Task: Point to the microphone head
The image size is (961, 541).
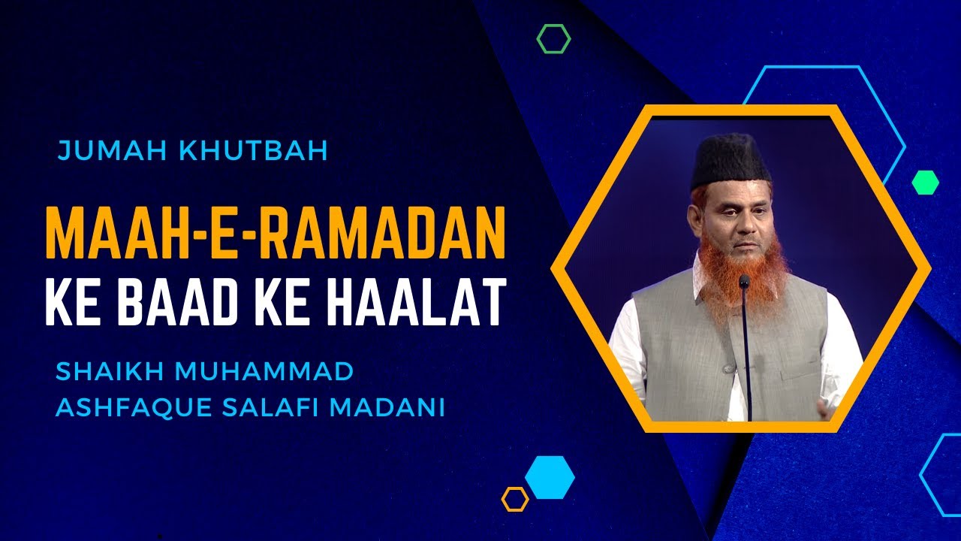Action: (744, 282)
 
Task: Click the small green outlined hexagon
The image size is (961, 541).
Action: (553, 38)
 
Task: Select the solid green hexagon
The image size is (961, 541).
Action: (925, 182)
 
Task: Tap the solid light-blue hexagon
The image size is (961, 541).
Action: (550, 477)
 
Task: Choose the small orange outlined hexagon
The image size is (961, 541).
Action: (515, 499)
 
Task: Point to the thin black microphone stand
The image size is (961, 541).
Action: (747, 353)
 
